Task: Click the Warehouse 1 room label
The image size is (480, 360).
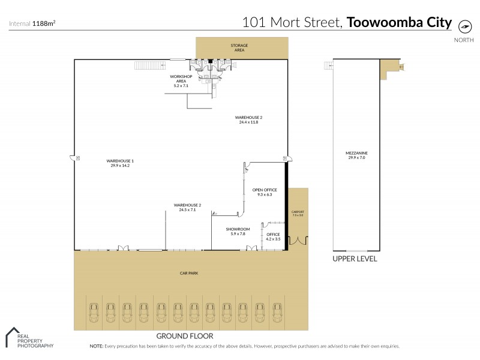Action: [120, 163]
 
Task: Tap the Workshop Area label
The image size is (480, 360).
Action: [181, 81]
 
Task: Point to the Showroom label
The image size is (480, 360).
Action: [238, 231]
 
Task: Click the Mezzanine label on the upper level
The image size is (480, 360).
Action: [356, 155]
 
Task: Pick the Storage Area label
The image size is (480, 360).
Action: [239, 47]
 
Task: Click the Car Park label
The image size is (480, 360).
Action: [188, 273]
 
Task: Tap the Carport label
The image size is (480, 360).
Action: [298, 213]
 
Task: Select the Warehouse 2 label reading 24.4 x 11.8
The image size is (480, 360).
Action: [248, 119]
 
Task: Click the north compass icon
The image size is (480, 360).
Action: [464, 26]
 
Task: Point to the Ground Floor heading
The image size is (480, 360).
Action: [184, 336]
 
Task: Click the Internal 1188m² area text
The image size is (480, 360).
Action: [32, 24]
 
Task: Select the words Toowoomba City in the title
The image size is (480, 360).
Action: [399, 23]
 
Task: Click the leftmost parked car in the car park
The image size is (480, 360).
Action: [94, 310]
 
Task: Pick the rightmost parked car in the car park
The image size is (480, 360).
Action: [277, 310]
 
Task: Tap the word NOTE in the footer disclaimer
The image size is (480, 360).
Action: [96, 346]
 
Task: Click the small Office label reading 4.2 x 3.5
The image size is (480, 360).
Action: [273, 236]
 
